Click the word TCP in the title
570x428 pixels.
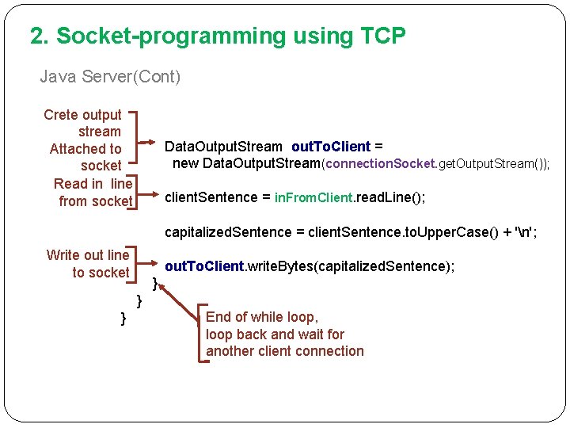383,36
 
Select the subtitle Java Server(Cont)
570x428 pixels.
110,77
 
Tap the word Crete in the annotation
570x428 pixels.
61,115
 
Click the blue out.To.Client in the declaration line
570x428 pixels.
331,147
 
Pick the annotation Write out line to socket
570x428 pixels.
88,264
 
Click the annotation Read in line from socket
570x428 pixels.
93,193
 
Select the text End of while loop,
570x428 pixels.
261,317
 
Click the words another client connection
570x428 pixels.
285,351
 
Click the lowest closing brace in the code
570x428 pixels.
123,318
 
